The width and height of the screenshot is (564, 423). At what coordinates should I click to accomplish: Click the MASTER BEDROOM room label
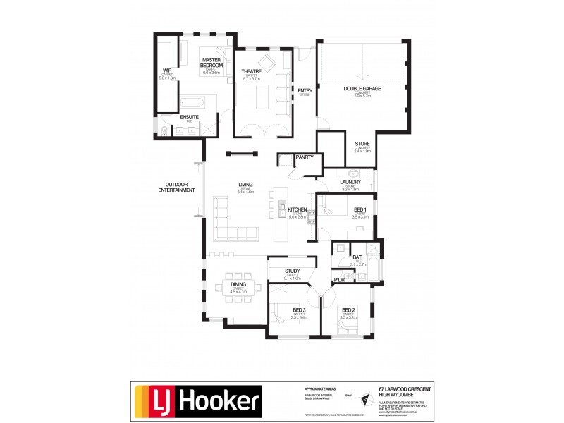(211, 62)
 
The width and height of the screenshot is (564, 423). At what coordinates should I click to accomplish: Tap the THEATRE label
(252, 72)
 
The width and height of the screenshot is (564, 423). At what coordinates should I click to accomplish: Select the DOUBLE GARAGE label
(362, 88)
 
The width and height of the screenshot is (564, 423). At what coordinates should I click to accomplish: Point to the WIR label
(167, 70)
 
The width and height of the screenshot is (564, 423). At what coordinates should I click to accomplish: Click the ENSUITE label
(189, 116)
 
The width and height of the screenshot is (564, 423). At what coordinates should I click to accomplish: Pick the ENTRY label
(305, 90)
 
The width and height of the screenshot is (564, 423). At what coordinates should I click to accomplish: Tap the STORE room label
(362, 144)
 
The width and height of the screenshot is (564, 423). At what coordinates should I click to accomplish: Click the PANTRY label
(305, 157)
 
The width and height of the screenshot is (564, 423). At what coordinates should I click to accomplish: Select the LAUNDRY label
(350, 182)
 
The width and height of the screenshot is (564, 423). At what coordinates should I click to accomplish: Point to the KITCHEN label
(297, 210)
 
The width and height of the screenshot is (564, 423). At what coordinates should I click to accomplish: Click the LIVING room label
(245, 185)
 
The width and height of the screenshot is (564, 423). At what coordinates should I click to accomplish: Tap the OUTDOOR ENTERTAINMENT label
(176, 188)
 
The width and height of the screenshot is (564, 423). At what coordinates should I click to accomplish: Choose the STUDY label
(293, 271)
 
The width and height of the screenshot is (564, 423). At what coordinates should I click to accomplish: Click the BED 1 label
(360, 210)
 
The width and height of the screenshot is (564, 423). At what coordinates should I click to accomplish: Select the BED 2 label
(348, 309)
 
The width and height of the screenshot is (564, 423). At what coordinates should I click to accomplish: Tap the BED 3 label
(299, 309)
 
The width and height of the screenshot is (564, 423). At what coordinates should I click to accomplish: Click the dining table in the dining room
(238, 287)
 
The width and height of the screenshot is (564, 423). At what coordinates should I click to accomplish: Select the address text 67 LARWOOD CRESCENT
(402, 388)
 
